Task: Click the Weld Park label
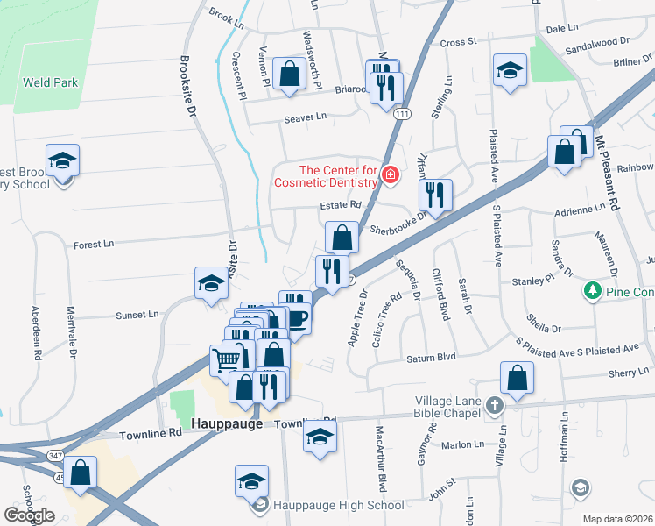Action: click(52, 83)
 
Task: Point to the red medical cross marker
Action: click(391, 177)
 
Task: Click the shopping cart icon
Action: click(226, 359)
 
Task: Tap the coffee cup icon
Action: click(297, 318)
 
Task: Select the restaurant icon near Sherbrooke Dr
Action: click(435, 194)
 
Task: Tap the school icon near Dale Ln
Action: click(509, 70)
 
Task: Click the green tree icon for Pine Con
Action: click(593, 290)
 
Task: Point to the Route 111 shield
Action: click(403, 115)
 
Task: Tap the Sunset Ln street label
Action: click(137, 314)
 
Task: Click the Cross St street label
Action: click(458, 41)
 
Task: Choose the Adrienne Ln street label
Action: click(580, 210)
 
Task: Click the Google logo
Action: click(30, 515)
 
